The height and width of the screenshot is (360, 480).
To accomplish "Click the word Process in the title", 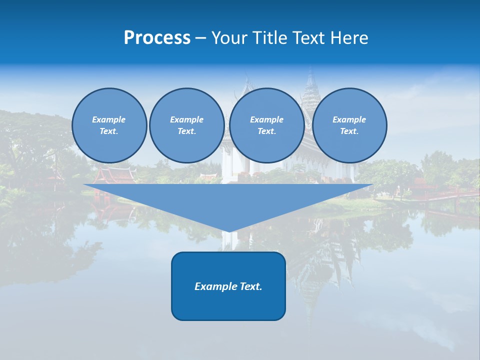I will pos(157,38).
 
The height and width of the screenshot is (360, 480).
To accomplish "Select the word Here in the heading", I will pos(350,38).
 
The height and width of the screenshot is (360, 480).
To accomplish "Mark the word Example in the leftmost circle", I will pos(109,119).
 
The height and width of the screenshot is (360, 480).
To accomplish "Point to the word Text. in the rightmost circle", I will pos(349,131).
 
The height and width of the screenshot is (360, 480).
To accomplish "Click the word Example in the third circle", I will pos(267,119).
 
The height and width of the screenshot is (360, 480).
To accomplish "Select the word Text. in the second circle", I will pos(187,131).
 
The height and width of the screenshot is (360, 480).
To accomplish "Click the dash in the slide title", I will pos(201,38).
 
